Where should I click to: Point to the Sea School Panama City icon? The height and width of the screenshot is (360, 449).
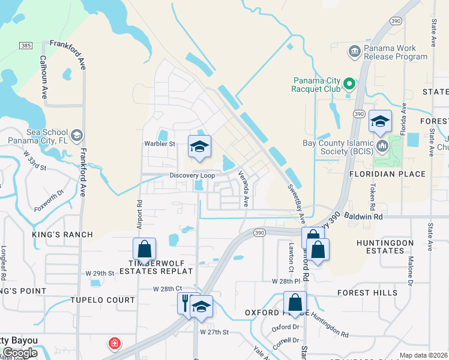coord(76,136)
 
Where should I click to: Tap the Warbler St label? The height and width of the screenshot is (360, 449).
coord(159,144)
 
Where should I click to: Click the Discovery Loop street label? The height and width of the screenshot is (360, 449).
coord(192,176)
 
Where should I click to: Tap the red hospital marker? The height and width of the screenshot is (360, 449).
coord(113,344)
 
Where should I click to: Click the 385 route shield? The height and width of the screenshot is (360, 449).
coord(25,46)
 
